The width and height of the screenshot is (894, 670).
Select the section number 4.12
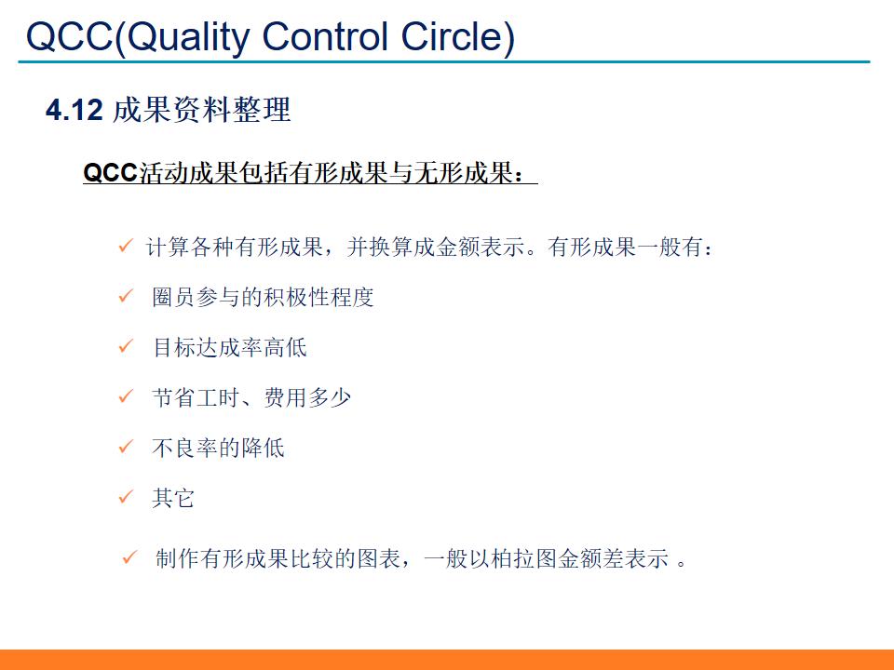[73, 111]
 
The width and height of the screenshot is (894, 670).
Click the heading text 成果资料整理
[201, 111]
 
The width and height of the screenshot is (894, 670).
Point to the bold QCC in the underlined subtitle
[110, 173]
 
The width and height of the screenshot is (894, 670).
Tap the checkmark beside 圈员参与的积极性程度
[126, 297]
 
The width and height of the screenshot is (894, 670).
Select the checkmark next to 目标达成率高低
[126, 347]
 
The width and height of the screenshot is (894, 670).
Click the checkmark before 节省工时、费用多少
[126, 397]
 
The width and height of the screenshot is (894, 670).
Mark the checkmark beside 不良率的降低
[126, 448]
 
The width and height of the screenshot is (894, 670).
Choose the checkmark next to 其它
[126, 498]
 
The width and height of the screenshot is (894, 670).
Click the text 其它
[173, 498]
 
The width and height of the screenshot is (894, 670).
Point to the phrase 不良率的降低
[218, 448]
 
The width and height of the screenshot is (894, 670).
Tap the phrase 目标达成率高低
[229, 347]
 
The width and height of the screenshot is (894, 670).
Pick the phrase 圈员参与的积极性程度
[263, 297]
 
